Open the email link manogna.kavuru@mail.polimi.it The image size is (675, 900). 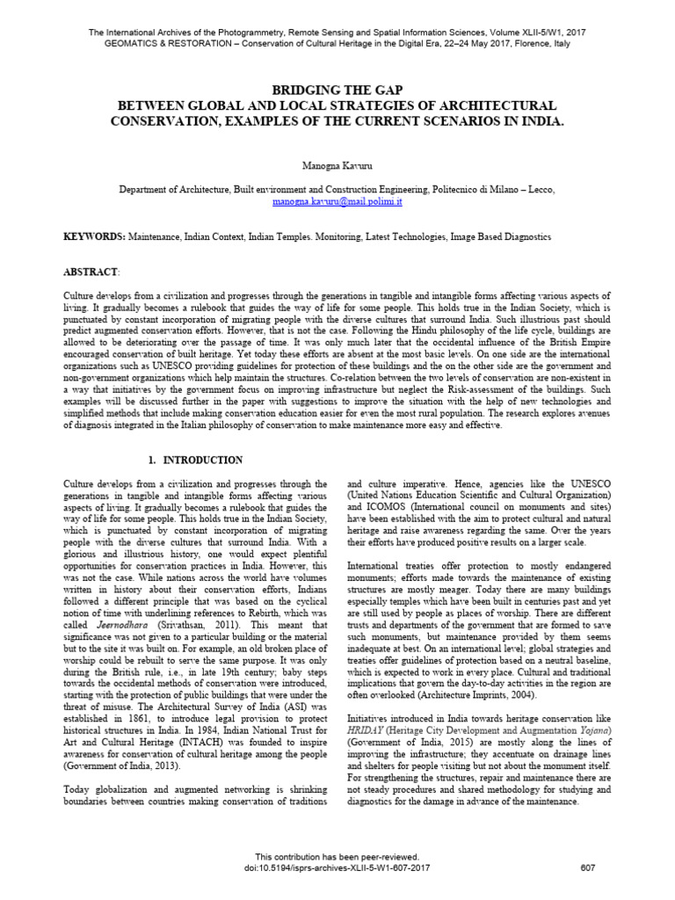337,201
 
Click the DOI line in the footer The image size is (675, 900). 337,868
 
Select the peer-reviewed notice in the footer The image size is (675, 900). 337,857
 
